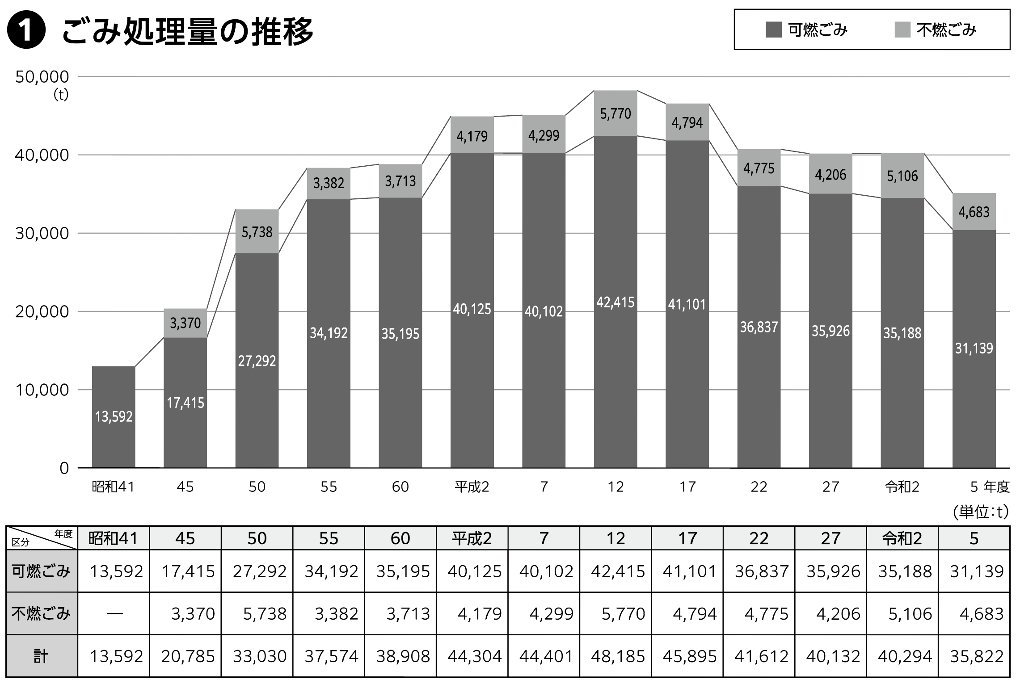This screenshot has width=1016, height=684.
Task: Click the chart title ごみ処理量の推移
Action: click(x=187, y=32)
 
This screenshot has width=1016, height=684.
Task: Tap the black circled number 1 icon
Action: click(x=26, y=32)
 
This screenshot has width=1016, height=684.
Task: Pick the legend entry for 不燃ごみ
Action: click(x=935, y=30)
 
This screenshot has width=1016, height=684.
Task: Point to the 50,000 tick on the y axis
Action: click(x=42, y=77)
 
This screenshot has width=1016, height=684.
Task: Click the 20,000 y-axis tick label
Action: click(x=42, y=311)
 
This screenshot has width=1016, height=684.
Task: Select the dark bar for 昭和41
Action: click(x=114, y=417)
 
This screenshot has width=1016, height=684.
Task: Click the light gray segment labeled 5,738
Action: click(x=257, y=231)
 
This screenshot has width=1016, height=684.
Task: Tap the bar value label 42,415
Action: click(x=616, y=302)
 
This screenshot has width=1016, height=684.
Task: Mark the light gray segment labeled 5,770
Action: click(x=616, y=113)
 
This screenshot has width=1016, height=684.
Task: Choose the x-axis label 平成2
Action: click(x=472, y=487)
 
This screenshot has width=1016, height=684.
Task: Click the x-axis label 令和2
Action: click(x=902, y=487)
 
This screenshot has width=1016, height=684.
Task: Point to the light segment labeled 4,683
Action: click(x=974, y=212)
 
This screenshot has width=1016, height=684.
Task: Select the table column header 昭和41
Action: click(x=114, y=538)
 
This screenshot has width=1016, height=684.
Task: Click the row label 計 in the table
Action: click(x=41, y=656)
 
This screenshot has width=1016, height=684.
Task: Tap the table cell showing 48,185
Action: click(x=618, y=656)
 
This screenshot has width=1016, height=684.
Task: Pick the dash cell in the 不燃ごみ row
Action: click(x=114, y=614)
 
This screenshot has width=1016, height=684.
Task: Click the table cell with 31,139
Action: click(x=977, y=571)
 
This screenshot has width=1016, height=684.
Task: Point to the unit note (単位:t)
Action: click(x=981, y=512)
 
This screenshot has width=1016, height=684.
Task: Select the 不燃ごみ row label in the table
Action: click(x=41, y=614)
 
